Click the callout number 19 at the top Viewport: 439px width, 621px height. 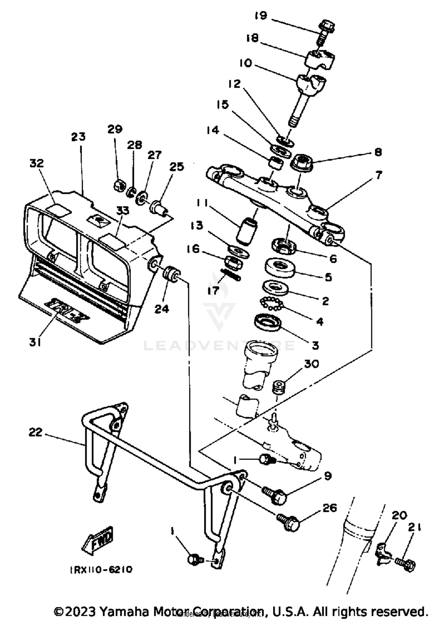261,15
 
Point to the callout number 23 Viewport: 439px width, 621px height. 78,137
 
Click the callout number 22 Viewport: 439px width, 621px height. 35,432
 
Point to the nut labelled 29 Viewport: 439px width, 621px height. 119,186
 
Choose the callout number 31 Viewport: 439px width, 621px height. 35,342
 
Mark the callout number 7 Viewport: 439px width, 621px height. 378,175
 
